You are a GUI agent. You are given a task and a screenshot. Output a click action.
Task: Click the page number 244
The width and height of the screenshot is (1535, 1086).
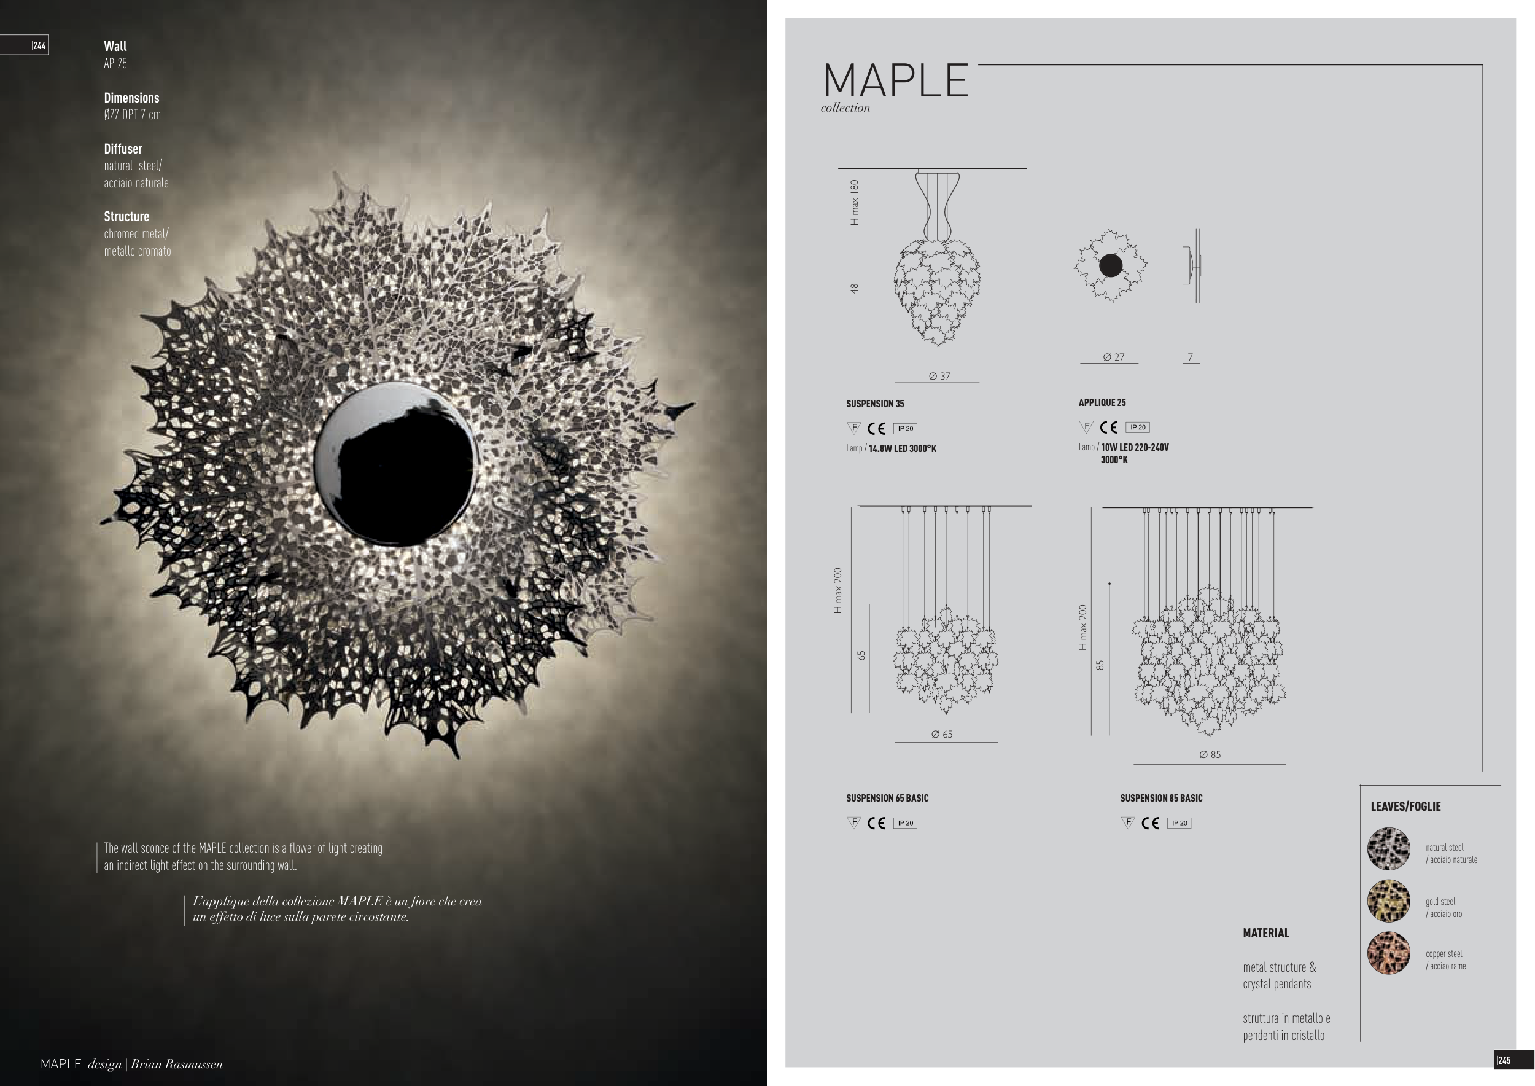pyautogui.click(x=39, y=45)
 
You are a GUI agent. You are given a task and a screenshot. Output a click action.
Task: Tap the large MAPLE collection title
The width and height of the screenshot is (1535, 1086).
pyautogui.click(x=896, y=81)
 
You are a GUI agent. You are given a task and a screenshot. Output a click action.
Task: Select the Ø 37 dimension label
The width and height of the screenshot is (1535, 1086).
pyautogui.click(x=939, y=376)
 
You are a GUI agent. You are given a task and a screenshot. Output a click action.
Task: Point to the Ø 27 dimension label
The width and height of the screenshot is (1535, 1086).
pyautogui.click(x=1113, y=357)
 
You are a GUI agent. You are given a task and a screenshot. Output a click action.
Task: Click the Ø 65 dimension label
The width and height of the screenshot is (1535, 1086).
pyautogui.click(x=941, y=734)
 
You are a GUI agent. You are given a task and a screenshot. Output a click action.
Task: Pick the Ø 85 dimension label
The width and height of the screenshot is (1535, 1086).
pyautogui.click(x=1210, y=754)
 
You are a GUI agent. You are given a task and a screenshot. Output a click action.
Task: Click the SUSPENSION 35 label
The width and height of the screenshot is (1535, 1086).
pyautogui.click(x=875, y=404)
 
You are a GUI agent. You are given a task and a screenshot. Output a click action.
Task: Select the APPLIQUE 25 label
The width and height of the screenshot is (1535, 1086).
pyautogui.click(x=1102, y=402)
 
